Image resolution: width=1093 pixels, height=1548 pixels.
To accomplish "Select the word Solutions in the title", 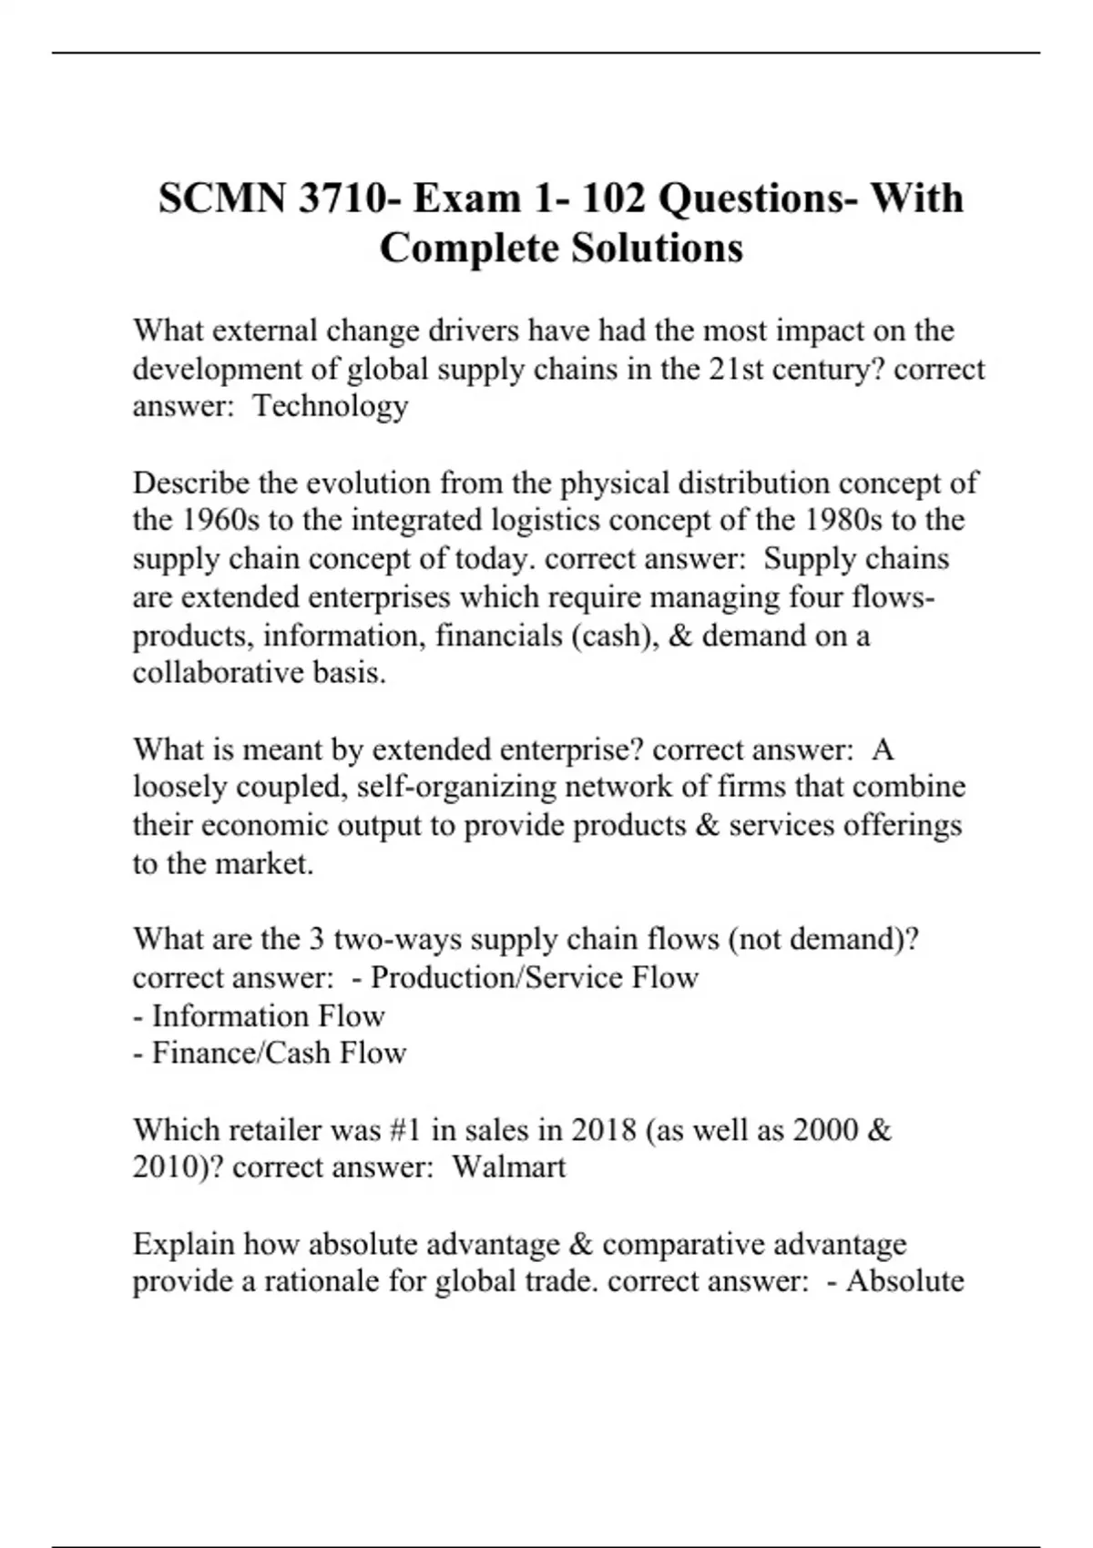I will [x=657, y=248].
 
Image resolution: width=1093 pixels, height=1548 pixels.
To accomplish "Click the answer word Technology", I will [x=330, y=406].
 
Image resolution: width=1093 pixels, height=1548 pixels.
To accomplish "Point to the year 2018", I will [x=604, y=1129].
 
